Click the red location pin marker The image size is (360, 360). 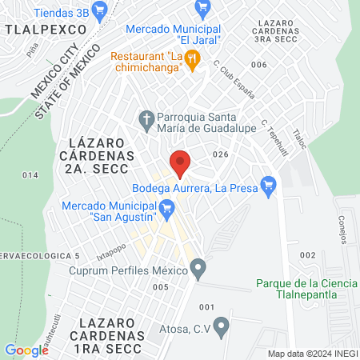click(x=181, y=163)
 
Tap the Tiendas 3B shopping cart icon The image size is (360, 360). click(x=100, y=10)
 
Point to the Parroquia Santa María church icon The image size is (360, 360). click(x=146, y=120)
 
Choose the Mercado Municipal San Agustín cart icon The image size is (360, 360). click(x=167, y=212)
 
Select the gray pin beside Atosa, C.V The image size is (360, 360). click(x=222, y=326)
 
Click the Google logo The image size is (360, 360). click(x=26, y=350)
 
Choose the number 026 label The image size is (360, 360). click(x=221, y=154)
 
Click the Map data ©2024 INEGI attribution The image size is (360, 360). click(x=311, y=354)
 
